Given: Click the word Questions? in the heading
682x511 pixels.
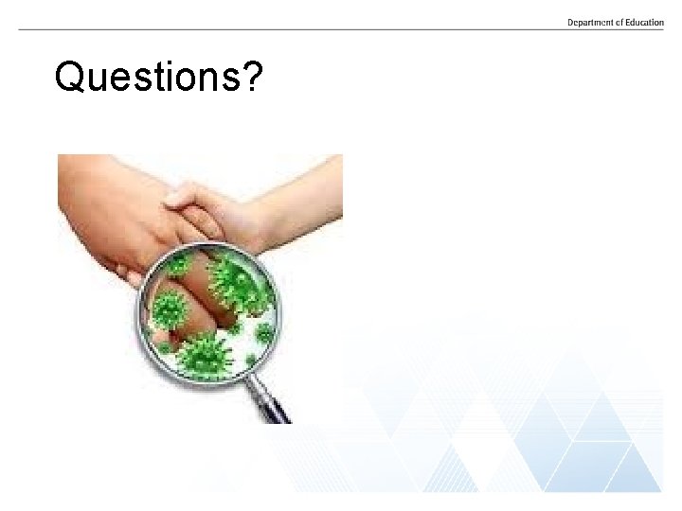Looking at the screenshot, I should [x=158, y=78].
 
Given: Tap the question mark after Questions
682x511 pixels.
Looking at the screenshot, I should [x=250, y=77].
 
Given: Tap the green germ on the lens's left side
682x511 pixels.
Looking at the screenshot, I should [x=170, y=308].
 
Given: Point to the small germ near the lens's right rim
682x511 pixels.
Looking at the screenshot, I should [x=264, y=333].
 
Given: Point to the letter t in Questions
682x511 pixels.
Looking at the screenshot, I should [x=157, y=78].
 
